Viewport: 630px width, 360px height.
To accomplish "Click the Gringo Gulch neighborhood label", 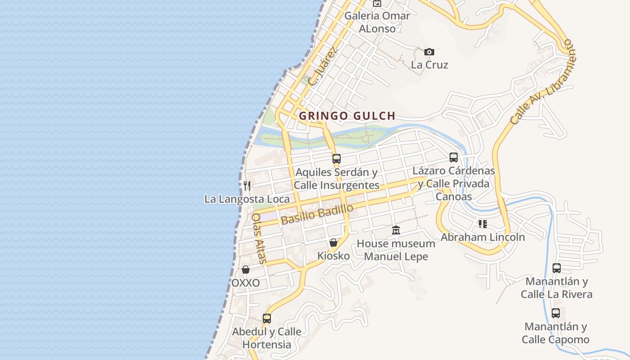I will click(347, 116).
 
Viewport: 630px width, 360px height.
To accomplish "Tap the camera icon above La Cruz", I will click(429, 52).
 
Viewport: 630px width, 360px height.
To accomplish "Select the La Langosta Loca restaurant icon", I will click(247, 185).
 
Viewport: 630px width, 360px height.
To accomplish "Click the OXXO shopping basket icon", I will click(246, 270).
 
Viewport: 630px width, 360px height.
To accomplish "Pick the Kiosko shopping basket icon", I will click(333, 243).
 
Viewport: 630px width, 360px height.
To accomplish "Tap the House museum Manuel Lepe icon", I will click(396, 230).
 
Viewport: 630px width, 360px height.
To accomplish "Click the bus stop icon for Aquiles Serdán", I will click(336, 158).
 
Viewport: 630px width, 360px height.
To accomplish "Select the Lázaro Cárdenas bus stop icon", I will click(454, 157).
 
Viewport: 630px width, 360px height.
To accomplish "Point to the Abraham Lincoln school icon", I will click(483, 224).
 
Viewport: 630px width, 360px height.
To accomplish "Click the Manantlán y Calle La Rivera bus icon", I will click(557, 268).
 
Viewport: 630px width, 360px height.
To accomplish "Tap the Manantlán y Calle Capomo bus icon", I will click(556, 313).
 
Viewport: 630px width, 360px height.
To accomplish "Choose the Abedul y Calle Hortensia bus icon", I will click(267, 319).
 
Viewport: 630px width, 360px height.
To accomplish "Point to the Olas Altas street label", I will click(259, 238).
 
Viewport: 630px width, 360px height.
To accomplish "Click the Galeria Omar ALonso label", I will click(377, 22).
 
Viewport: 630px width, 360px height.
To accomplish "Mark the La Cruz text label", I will click(430, 65).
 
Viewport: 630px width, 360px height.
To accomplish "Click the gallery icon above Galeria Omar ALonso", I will click(377, 4).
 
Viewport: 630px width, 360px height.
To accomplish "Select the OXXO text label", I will click(246, 283).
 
